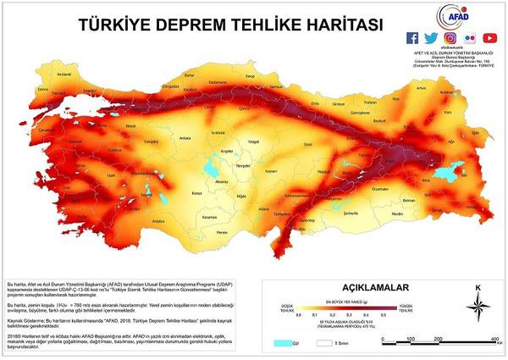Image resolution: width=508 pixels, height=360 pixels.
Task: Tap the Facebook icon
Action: point(412,38)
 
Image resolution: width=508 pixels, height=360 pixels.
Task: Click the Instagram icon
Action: point(450,38)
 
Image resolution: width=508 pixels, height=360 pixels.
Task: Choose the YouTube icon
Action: point(489,38)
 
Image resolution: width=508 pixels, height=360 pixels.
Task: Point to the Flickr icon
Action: point(470,38)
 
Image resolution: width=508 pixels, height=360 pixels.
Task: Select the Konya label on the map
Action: point(198,192)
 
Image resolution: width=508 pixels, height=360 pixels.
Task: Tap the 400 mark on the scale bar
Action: point(490,338)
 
